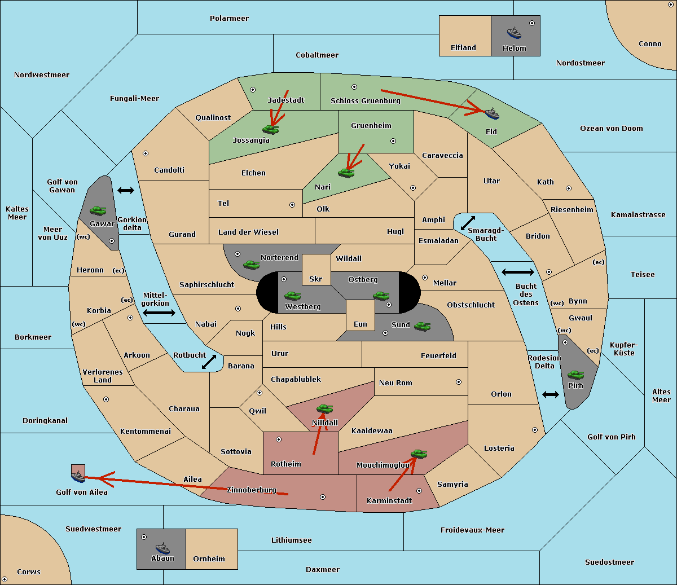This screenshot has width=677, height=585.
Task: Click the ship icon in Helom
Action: [x=514, y=33]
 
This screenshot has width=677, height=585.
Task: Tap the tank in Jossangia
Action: [x=271, y=129]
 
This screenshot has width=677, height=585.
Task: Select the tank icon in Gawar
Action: [x=98, y=210]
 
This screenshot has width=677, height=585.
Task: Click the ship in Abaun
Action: [x=162, y=548]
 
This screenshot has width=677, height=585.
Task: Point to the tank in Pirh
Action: [x=576, y=375]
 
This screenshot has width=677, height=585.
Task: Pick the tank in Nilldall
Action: [x=324, y=408]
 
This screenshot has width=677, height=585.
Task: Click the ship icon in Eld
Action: [x=492, y=113]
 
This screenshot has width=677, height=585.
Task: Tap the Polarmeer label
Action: [x=229, y=19]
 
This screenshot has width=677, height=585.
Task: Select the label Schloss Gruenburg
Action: [x=366, y=100]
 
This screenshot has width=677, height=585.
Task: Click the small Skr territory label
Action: [x=316, y=279]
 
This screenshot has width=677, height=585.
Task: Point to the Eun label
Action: [x=361, y=324]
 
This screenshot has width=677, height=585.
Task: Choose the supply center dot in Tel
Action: [x=292, y=205]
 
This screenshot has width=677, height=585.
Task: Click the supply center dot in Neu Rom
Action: [x=459, y=382]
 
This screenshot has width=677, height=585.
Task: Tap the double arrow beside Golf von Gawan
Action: [x=126, y=190]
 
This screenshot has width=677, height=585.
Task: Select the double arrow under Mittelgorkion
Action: [x=159, y=313]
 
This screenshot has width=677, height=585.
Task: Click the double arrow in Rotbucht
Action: [x=209, y=362]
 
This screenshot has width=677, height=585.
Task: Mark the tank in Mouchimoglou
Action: [x=419, y=454]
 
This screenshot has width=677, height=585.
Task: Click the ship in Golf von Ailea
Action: [x=78, y=477]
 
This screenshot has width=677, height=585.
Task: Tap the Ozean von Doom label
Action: [x=612, y=129]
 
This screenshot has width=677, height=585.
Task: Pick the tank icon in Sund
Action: [x=422, y=326]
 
